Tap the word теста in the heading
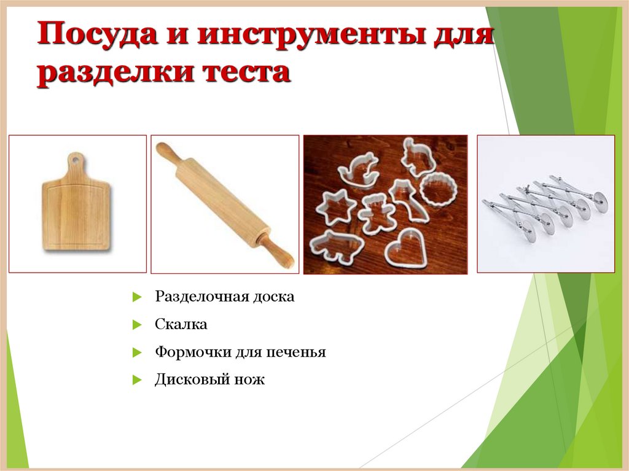coord(245,73)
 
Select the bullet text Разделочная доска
coord(224,297)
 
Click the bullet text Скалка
coord(181,324)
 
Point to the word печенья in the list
coord(296,352)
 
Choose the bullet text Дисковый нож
coord(209,380)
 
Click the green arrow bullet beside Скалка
coord(137,325)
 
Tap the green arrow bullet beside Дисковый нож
coord(137,380)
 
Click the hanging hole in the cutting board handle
coord(74,160)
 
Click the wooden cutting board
coord(76,212)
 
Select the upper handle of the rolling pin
coord(166,154)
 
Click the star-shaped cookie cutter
coord(335,206)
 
